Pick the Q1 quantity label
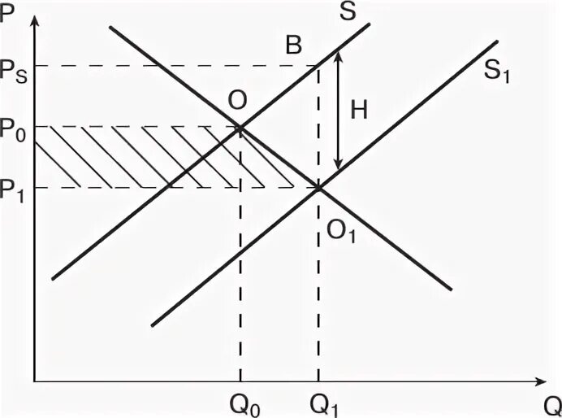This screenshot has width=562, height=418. point(318,401)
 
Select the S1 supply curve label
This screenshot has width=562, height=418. point(499,72)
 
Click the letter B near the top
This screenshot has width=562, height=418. point(292,45)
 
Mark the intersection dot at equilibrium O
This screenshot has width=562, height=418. point(240,127)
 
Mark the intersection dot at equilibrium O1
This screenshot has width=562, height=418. point(318,188)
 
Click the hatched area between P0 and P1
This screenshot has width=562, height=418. point(154,158)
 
